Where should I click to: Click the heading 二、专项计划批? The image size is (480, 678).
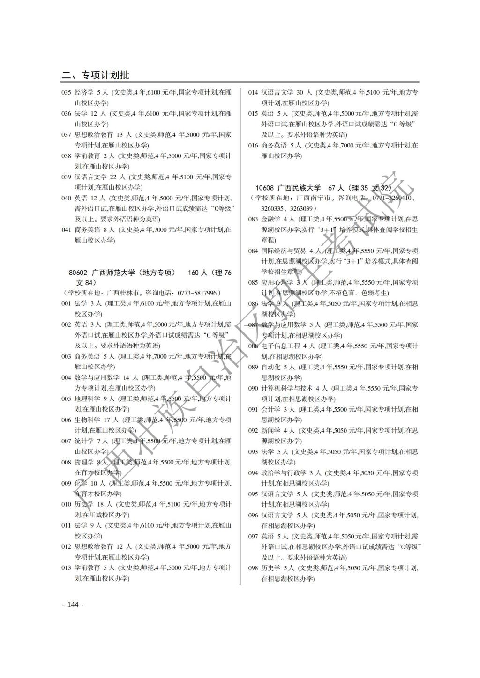95,75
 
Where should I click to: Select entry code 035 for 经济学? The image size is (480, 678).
66,92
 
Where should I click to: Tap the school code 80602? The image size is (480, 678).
78,273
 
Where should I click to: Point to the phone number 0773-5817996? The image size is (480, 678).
196,293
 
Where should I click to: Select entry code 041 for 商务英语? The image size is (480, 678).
66,230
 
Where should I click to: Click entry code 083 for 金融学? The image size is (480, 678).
253,219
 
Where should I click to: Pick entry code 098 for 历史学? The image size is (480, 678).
253,568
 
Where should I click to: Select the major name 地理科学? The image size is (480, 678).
87,399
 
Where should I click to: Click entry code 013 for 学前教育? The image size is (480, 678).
66,568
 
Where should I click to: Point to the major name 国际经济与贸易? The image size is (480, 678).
284,251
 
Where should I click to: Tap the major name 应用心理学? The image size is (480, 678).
277,282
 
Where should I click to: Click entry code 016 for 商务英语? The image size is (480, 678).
253,146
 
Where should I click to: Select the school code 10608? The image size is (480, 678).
264,188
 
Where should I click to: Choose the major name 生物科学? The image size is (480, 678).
87,420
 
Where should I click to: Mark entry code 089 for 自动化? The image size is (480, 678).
253,367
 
